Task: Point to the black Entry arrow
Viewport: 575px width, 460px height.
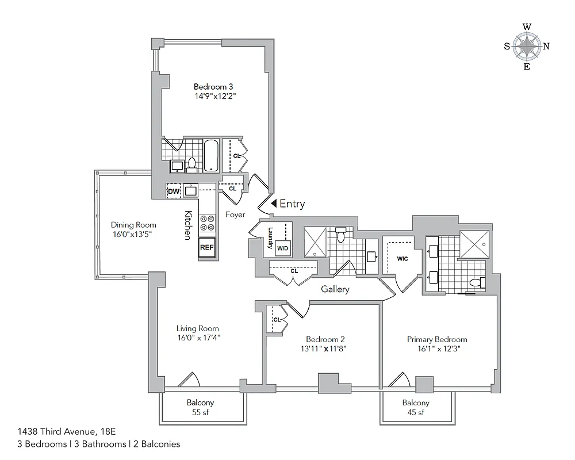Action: tap(274, 204)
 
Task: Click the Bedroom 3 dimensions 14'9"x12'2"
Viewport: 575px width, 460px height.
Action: tap(216, 97)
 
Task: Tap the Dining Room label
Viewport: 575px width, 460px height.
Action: tap(133, 225)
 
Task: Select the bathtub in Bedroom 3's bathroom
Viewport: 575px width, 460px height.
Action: tap(211, 155)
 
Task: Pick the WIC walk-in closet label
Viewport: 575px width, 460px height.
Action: tap(402, 259)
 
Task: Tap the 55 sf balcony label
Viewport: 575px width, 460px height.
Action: tap(200, 413)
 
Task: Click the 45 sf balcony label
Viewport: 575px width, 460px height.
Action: tap(416, 413)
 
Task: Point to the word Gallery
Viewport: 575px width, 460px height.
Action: tap(335, 289)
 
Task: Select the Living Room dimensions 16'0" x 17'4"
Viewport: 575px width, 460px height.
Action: tap(198, 338)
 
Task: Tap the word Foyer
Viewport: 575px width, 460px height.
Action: tap(235, 214)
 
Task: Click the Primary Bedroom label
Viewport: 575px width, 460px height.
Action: tap(437, 339)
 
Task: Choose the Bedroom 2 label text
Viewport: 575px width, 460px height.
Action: tap(325, 339)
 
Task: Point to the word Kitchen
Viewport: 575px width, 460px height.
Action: tap(187, 225)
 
